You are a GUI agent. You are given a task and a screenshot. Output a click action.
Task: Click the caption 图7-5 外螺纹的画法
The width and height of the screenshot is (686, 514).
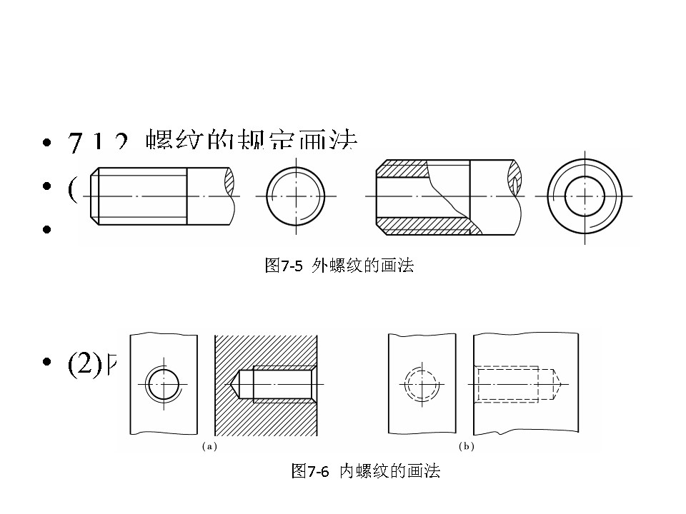pyautogui.click(x=339, y=266)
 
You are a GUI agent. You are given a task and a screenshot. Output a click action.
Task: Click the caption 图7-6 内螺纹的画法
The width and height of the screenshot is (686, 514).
pyautogui.click(x=366, y=471)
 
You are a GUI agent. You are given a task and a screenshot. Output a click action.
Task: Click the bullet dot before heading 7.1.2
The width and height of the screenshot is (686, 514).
pyautogui.click(x=47, y=143)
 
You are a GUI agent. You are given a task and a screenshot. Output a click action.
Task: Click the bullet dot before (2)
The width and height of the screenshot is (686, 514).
pyautogui.click(x=47, y=363)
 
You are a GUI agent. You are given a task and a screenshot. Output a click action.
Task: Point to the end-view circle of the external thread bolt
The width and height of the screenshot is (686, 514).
pyautogui.click(x=296, y=195)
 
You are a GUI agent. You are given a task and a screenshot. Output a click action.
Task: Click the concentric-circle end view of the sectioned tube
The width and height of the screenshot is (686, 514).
pyautogui.click(x=585, y=195)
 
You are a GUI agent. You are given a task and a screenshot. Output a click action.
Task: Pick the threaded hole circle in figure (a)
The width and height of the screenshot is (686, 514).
pyautogui.click(x=164, y=386)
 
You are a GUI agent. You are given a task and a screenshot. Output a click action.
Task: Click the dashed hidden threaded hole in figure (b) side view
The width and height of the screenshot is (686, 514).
pyautogui.click(x=507, y=385)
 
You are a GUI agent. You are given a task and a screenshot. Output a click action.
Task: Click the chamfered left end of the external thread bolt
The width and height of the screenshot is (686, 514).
pyautogui.click(x=94, y=195)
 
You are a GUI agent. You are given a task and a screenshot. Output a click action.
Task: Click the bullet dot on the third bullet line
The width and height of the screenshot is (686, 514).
pyautogui.click(x=47, y=230)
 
